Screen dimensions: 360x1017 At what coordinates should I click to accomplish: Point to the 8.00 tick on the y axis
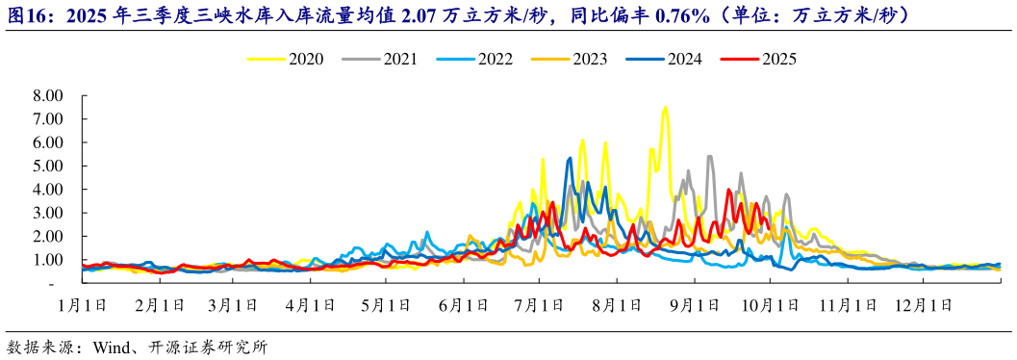click(x=47, y=95)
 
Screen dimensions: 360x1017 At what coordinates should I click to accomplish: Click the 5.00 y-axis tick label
click(x=47, y=166)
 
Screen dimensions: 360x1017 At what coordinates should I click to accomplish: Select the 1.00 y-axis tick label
click(x=47, y=260)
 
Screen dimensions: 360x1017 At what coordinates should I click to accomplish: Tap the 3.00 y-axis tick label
click(x=47, y=213)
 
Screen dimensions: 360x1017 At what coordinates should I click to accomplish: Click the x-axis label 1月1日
click(x=82, y=305)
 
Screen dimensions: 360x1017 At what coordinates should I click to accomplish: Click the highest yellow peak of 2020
click(x=665, y=107)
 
